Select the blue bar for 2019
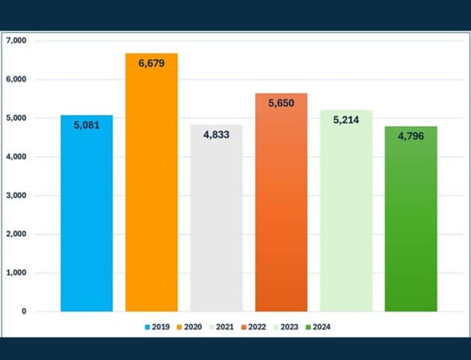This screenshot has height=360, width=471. (87, 217)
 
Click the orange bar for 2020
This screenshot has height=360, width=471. (152, 187)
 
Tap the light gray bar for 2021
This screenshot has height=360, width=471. (216, 224)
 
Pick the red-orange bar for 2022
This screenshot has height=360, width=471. (281, 209)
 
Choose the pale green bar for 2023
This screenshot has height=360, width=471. (346, 217)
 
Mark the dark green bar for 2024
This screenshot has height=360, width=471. (410, 224)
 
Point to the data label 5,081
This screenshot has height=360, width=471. (87, 125)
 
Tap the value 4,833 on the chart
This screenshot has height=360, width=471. (216, 134)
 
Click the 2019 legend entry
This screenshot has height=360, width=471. (158, 326)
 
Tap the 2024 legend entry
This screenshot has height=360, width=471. (319, 326)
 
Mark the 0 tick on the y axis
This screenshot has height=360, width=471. (24, 311)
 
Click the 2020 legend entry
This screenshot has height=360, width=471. (191, 326)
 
